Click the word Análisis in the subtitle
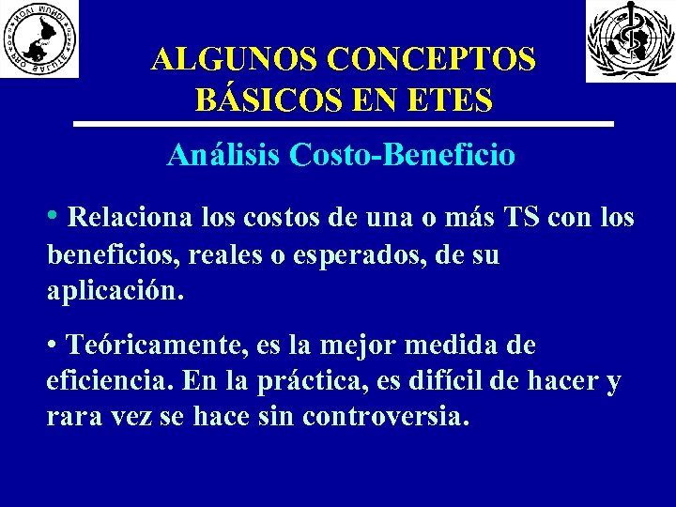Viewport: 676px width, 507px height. point(223,155)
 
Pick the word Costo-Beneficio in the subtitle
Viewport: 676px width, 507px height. point(403,155)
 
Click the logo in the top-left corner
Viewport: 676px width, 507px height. point(39,38)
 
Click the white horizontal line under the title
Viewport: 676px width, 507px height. point(343,124)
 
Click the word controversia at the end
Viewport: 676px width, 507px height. point(384,416)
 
